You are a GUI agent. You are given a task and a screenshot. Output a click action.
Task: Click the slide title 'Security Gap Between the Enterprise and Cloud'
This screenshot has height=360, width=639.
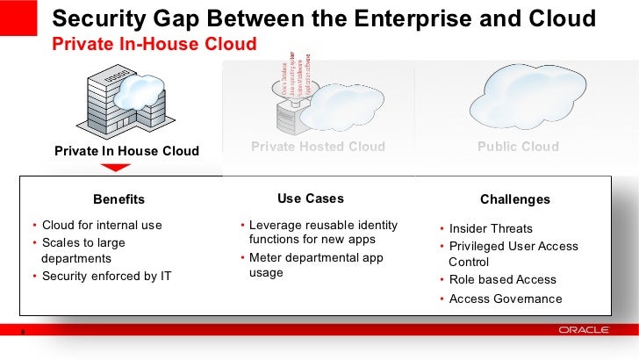tap(325, 18)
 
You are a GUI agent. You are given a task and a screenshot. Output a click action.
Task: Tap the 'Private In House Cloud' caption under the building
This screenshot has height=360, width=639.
tap(126, 151)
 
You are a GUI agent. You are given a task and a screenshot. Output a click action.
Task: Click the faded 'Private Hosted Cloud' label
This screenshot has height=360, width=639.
tap(318, 147)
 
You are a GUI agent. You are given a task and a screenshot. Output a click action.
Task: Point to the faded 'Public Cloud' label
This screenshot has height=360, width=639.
tap(518, 147)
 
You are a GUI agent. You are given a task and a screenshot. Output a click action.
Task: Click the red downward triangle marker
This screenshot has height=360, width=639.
tap(115, 167)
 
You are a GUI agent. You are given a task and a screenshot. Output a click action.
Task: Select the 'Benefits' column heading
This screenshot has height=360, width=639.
tap(118, 199)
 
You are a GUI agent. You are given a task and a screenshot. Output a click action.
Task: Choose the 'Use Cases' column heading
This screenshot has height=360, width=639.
tap(311, 198)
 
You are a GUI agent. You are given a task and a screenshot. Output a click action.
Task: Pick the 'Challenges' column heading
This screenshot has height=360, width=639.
tap(515, 199)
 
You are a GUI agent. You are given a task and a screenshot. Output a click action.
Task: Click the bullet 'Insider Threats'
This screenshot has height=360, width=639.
tap(491, 228)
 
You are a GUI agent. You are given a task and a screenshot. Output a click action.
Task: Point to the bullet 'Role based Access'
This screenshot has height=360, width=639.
tap(502, 279)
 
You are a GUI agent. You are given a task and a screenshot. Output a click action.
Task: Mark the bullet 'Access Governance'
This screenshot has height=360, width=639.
tap(505, 299)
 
